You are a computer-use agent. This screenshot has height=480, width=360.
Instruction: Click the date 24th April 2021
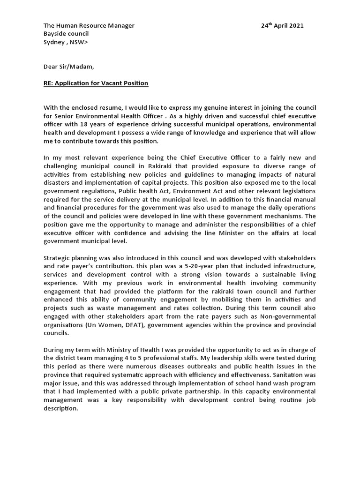[282, 26]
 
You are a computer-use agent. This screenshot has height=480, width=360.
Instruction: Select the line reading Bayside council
[66, 34]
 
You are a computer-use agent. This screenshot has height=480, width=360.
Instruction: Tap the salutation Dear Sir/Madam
[65, 67]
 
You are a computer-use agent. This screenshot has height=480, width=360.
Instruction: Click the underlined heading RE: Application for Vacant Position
[96, 83]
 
